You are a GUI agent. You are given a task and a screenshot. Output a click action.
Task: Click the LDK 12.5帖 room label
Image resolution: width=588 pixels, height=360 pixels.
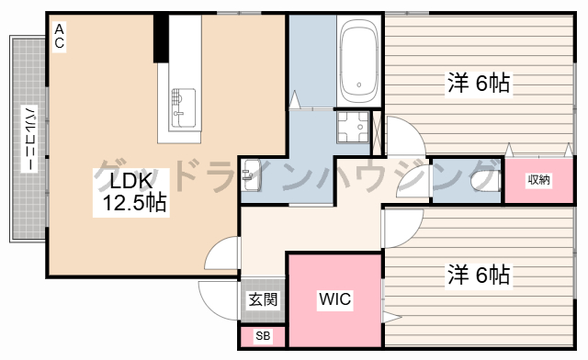click(x=131, y=192)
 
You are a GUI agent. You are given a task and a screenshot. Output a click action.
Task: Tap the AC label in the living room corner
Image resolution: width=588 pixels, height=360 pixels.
click(x=59, y=37)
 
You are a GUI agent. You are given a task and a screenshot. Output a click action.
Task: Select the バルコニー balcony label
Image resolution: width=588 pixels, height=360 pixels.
click(x=29, y=139)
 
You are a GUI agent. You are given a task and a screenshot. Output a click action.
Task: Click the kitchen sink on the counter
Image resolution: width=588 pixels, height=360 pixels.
click(x=184, y=108)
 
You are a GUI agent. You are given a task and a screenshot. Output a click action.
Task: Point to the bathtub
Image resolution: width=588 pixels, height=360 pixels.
click(x=359, y=61)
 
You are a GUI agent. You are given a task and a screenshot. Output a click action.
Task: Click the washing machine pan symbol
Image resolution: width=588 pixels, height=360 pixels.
click(x=353, y=127)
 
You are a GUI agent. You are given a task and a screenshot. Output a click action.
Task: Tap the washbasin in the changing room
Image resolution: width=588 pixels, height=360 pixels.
click(x=251, y=175)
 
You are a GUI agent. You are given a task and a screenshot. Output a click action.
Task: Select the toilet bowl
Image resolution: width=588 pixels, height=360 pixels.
click(x=486, y=181)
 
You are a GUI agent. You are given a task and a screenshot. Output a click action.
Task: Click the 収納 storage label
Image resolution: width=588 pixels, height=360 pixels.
click(x=539, y=180)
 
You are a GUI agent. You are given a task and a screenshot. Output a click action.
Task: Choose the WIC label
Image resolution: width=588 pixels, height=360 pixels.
click(x=334, y=299)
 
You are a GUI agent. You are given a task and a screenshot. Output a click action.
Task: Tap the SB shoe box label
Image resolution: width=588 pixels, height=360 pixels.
click(x=263, y=335)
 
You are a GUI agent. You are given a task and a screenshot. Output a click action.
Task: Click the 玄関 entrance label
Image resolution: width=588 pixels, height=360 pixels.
click(x=264, y=299)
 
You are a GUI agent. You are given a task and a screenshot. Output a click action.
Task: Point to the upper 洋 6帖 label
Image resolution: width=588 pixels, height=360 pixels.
click(x=479, y=84)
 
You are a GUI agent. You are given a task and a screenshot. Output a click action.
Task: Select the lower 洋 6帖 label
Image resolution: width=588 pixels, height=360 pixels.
click(x=479, y=275)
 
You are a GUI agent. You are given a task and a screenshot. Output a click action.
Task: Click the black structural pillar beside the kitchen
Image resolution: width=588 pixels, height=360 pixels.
click(x=161, y=38)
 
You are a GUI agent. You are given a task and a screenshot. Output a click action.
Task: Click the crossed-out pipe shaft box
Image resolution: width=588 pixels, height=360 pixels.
click(x=377, y=133)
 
